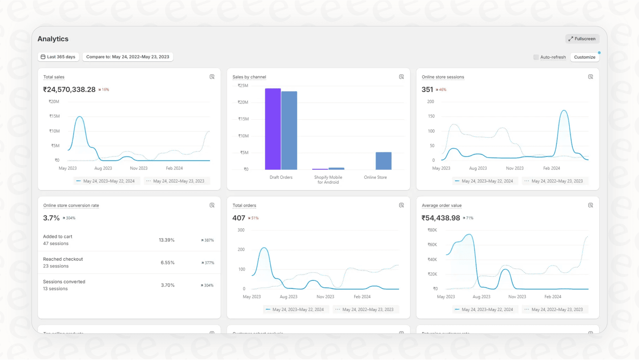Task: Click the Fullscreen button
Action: click(x=582, y=39)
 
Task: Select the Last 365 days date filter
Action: click(x=58, y=57)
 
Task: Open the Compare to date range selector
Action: click(x=127, y=57)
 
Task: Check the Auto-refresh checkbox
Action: click(x=536, y=57)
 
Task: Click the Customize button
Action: click(x=584, y=57)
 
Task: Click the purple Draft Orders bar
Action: click(x=273, y=129)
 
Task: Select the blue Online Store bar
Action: click(x=383, y=161)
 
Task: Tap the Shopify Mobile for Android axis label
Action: click(x=328, y=180)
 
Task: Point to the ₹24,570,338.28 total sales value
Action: click(x=69, y=89)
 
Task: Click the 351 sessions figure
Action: click(x=427, y=89)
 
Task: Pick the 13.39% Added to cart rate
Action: click(x=167, y=240)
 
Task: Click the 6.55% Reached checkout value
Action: click(x=167, y=263)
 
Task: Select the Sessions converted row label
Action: click(x=64, y=282)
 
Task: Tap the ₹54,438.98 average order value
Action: click(x=440, y=218)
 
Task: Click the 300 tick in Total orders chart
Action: click(x=241, y=230)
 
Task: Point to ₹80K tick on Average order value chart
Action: click(x=432, y=230)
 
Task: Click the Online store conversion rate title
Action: click(x=71, y=205)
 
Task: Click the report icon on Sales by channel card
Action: click(x=401, y=77)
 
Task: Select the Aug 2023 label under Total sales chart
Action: click(x=103, y=168)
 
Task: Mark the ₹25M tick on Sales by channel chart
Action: click(x=243, y=86)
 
